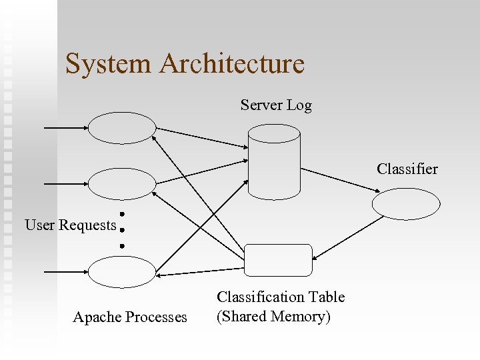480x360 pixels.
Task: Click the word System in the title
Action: (x=108, y=64)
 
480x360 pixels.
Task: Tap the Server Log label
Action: (x=276, y=105)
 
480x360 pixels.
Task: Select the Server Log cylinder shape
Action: (x=274, y=163)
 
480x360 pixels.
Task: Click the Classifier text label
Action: (x=407, y=169)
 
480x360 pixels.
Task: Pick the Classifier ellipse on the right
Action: (x=406, y=203)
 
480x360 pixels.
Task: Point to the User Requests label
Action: (x=71, y=225)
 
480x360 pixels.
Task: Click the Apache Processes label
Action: (x=130, y=317)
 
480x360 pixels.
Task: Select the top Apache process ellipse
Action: (x=122, y=128)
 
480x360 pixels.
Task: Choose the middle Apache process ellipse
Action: (x=122, y=183)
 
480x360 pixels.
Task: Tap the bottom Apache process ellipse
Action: (x=122, y=272)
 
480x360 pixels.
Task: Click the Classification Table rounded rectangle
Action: (x=278, y=260)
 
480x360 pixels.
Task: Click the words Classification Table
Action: (x=281, y=297)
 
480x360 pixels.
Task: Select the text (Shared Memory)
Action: (x=274, y=316)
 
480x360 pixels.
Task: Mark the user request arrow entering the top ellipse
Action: (x=65, y=127)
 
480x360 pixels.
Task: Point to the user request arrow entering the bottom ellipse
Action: (x=65, y=272)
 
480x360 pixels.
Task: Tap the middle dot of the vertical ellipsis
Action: (x=123, y=230)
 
